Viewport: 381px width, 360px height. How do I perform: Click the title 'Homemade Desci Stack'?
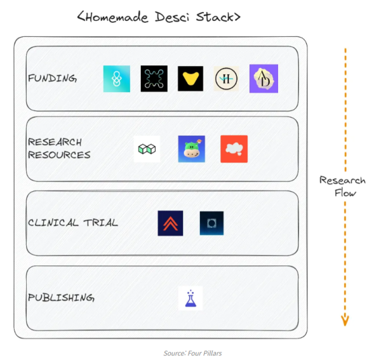(x=159, y=17)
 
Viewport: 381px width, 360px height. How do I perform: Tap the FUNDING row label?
(x=53, y=79)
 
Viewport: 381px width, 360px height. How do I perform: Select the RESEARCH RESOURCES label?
(x=59, y=149)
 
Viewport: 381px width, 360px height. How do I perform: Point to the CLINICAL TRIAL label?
(x=73, y=223)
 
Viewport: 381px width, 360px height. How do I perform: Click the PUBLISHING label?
(x=61, y=297)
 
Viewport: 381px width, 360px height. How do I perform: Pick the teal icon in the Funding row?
(x=117, y=79)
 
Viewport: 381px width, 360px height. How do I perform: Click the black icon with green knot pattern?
(x=154, y=79)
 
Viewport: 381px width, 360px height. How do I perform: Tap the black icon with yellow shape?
(x=190, y=79)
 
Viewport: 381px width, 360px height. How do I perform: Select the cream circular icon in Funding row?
(x=227, y=79)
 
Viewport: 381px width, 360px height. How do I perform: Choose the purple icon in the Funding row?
(x=264, y=79)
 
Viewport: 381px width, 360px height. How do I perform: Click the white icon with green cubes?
(x=147, y=149)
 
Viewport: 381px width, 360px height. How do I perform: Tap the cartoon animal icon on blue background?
(x=191, y=149)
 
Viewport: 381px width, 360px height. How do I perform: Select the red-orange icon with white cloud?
(x=234, y=149)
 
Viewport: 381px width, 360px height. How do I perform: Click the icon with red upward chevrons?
(x=170, y=223)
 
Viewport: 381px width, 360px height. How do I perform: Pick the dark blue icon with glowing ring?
(x=211, y=223)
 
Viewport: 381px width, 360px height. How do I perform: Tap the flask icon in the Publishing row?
(x=190, y=298)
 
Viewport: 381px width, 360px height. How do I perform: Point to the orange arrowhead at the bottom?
(x=345, y=320)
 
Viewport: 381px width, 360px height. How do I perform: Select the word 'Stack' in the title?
(x=215, y=17)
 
